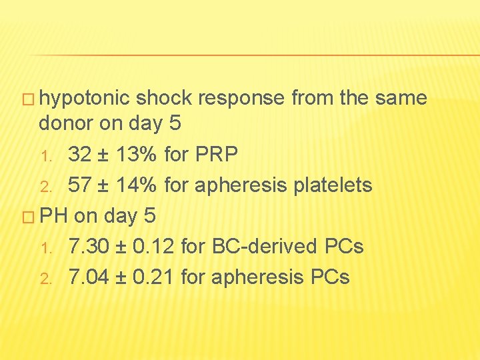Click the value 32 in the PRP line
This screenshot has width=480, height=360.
[80, 155]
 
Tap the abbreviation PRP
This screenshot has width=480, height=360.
[217, 155]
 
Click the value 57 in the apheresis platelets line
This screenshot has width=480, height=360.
[80, 185]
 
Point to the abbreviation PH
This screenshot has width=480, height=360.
[54, 216]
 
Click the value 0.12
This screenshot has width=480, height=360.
[153, 247]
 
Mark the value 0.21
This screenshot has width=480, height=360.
[153, 277]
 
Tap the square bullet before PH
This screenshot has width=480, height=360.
[29, 217]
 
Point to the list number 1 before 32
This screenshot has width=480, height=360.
[45, 157]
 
